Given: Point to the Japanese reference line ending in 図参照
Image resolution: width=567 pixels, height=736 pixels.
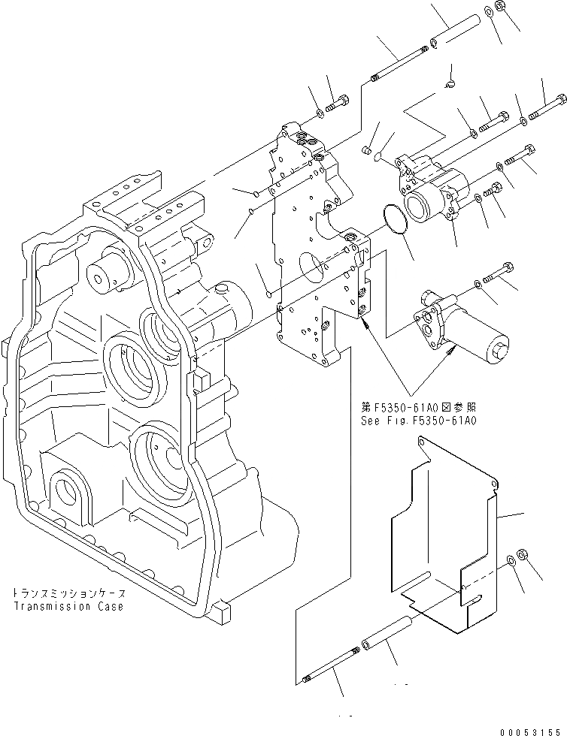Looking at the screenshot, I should [418, 407].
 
